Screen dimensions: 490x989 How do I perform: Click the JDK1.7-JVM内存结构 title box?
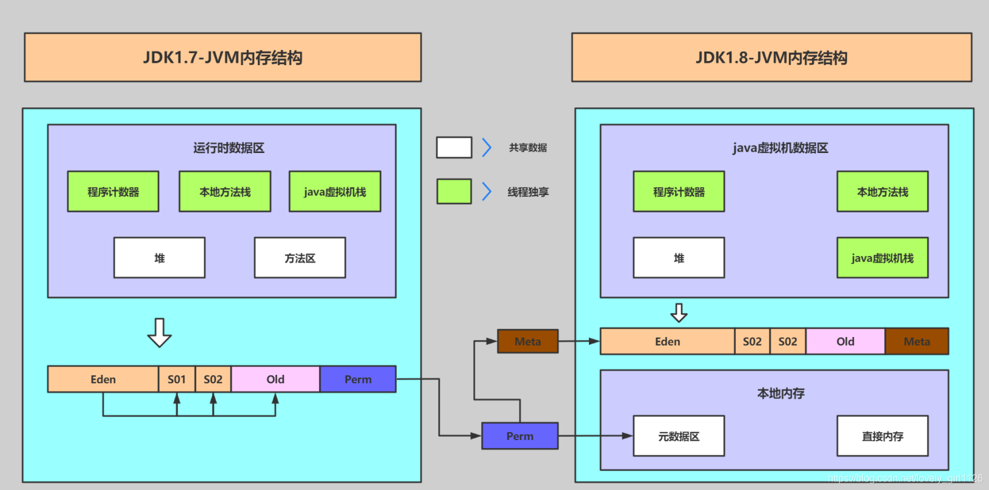click(223, 57)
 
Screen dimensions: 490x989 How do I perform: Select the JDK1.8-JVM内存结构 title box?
click(771, 57)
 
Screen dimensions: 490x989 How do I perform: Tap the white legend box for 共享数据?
click(454, 147)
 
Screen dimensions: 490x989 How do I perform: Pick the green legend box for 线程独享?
click(454, 191)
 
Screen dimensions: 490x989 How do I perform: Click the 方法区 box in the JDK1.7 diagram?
click(300, 258)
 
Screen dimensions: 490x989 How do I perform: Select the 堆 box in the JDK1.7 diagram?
click(159, 258)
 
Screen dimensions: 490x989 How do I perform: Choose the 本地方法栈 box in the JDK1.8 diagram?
click(882, 191)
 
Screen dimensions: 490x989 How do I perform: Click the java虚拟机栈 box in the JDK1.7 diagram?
click(335, 191)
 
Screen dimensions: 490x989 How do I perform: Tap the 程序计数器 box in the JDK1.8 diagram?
click(679, 191)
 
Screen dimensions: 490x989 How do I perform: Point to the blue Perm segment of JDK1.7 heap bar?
click(358, 379)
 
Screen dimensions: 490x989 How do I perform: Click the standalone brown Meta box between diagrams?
click(527, 341)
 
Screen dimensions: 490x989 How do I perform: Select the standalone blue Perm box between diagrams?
click(519, 436)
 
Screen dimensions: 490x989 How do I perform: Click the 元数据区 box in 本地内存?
click(679, 436)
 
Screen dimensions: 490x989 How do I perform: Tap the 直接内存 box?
click(882, 436)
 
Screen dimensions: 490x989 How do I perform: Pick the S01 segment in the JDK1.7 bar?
click(177, 379)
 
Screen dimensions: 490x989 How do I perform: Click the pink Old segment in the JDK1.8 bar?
click(845, 341)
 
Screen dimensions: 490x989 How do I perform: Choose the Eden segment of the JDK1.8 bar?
click(667, 341)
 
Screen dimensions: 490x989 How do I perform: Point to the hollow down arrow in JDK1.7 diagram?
click(159, 333)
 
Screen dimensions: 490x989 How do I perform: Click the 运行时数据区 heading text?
click(229, 148)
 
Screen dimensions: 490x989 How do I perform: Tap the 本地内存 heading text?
click(780, 394)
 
